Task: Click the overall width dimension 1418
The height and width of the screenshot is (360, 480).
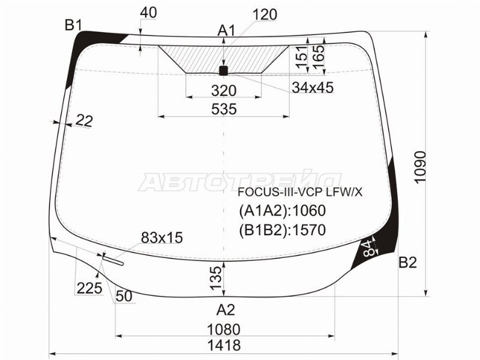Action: (x=224, y=346)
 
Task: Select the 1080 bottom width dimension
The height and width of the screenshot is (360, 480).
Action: (x=224, y=329)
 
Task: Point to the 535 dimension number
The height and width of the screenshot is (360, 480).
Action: (x=224, y=109)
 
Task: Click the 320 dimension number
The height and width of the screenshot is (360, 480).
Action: (x=224, y=91)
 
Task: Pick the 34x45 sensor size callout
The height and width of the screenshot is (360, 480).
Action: (x=313, y=88)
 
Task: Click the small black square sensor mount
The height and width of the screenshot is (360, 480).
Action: (x=223, y=71)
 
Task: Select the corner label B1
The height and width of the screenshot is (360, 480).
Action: (x=73, y=25)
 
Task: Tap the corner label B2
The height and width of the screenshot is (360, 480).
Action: (x=408, y=262)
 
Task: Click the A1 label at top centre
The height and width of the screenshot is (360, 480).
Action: (x=227, y=31)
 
